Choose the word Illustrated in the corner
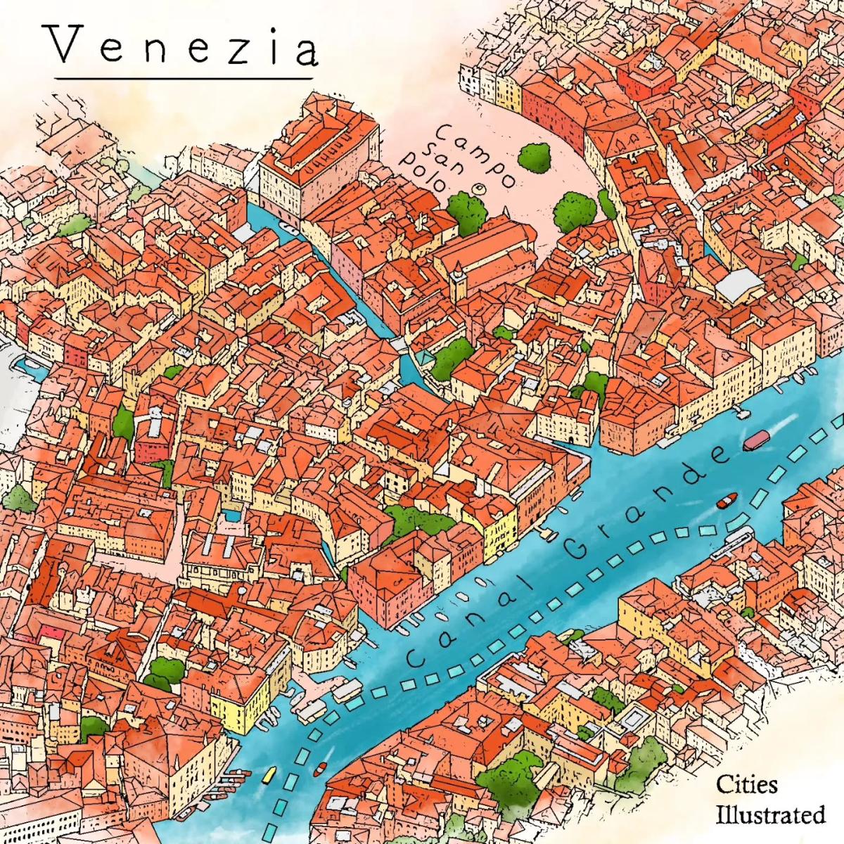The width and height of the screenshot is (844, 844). (770, 815)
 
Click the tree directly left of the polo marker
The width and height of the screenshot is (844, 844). (465, 210)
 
